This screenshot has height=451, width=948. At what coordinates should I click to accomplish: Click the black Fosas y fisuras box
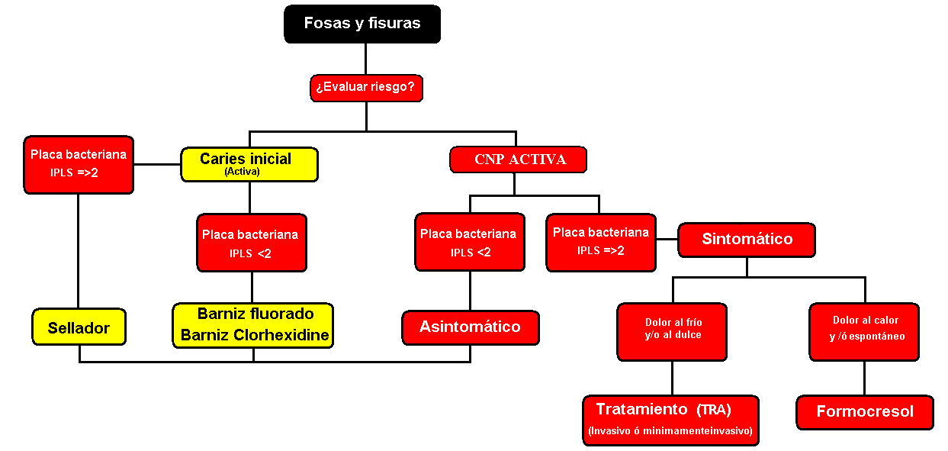362,24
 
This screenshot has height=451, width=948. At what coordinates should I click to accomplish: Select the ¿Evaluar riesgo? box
366,88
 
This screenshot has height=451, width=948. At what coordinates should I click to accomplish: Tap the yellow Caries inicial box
249,164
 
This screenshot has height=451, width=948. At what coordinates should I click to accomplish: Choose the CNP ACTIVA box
519,159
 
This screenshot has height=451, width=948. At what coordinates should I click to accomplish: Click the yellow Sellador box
79,327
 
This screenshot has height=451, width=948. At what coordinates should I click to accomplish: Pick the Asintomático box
471,327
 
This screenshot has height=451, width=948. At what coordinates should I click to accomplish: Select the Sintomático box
747,240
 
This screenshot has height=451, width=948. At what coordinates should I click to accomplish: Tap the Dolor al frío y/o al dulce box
672,331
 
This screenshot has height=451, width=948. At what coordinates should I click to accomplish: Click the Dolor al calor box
864,331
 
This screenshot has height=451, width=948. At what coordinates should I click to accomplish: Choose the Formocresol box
865,412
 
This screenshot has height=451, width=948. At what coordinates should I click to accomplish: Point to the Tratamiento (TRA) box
670,419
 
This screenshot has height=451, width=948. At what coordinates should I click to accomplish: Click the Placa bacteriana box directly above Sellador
79,164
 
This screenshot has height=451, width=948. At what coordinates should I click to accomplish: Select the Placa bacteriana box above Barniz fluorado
251,243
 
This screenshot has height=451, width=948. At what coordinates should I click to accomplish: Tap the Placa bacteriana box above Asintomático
469,242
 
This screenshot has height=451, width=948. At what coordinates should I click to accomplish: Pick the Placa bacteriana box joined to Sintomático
601,242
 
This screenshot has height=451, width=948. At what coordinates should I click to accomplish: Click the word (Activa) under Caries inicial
241,172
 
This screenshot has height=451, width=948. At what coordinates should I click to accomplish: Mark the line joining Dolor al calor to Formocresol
865,378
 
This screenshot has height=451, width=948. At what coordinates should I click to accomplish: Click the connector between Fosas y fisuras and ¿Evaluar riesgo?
366,59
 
